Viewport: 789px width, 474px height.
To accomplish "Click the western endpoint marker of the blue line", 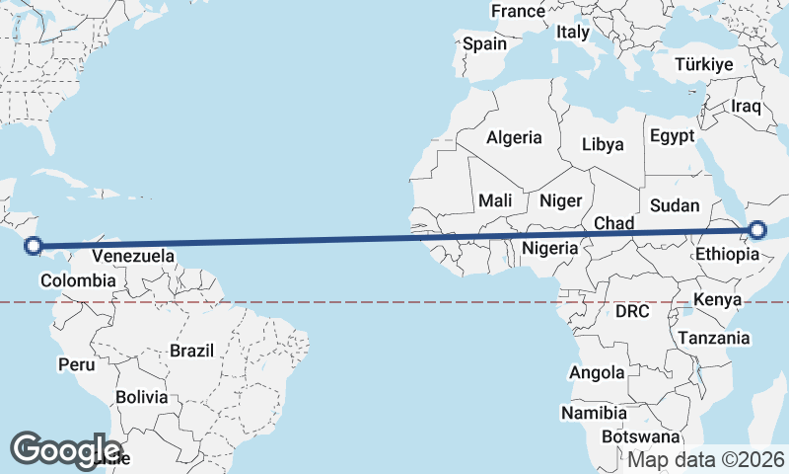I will tap(33, 246).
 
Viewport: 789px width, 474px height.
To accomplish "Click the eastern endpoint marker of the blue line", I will tap(757, 230).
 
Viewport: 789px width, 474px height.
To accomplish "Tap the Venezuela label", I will tap(133, 257).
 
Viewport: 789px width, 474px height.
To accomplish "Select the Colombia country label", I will tap(78, 281).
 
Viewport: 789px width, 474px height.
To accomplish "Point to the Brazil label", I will tap(191, 350).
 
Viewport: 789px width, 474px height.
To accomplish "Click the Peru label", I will tap(76, 364).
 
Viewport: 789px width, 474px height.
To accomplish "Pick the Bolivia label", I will tap(141, 397).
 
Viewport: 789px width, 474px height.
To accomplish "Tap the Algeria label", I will tap(513, 138).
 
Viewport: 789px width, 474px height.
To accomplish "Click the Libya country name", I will tap(603, 144).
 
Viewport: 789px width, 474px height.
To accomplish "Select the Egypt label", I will tap(672, 135).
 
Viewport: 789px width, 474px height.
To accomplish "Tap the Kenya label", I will tap(717, 299).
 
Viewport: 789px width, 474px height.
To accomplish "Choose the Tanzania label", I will tap(713, 338).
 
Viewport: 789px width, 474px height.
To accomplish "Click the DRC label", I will tap(632, 311).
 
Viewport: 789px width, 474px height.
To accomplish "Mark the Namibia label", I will tap(595, 412).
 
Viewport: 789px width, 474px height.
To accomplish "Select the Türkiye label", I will tap(704, 64).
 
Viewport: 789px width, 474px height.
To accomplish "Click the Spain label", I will tap(484, 43).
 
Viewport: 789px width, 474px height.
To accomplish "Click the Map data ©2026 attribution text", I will tap(707, 459).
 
